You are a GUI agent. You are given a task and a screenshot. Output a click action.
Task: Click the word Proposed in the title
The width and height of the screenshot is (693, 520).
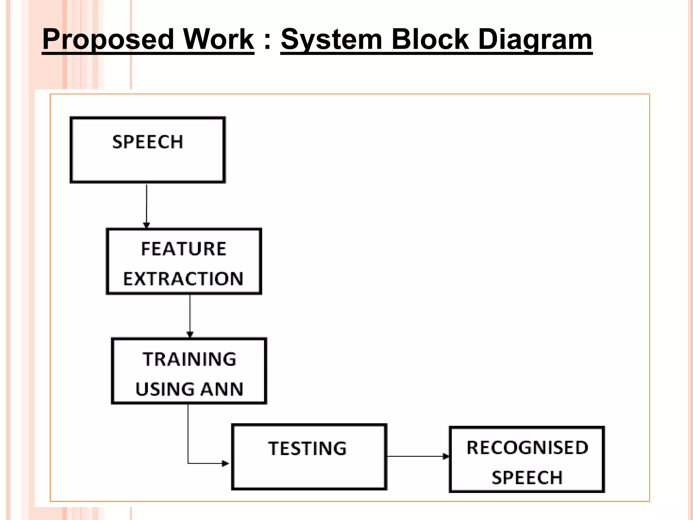(x=108, y=40)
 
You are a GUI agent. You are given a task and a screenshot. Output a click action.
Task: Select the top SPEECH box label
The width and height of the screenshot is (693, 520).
(x=148, y=142)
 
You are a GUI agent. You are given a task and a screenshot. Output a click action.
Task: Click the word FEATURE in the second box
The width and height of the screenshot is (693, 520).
(x=183, y=249)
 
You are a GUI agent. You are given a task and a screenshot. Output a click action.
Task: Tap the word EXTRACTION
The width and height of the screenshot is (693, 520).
(x=183, y=279)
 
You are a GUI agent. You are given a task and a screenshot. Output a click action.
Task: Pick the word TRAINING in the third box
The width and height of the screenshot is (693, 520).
(x=189, y=359)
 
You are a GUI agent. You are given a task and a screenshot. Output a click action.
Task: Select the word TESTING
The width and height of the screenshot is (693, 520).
(x=307, y=448)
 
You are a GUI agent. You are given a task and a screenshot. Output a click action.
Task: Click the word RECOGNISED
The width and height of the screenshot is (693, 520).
(x=527, y=448)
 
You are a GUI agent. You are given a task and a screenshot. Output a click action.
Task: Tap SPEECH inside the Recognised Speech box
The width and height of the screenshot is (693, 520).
(x=527, y=478)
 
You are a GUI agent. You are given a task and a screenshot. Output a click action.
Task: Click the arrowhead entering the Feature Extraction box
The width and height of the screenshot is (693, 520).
(x=147, y=225)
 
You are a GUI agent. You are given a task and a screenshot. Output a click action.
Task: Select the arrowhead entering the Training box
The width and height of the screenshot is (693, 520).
(x=190, y=334)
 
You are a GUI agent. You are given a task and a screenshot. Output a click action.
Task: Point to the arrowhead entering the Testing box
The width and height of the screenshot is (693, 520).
(x=225, y=463)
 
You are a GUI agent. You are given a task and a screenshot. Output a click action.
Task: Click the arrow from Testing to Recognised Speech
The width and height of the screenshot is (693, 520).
(x=418, y=456)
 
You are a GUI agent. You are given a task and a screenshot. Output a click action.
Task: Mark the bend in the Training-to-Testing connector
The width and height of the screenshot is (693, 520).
(x=188, y=463)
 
